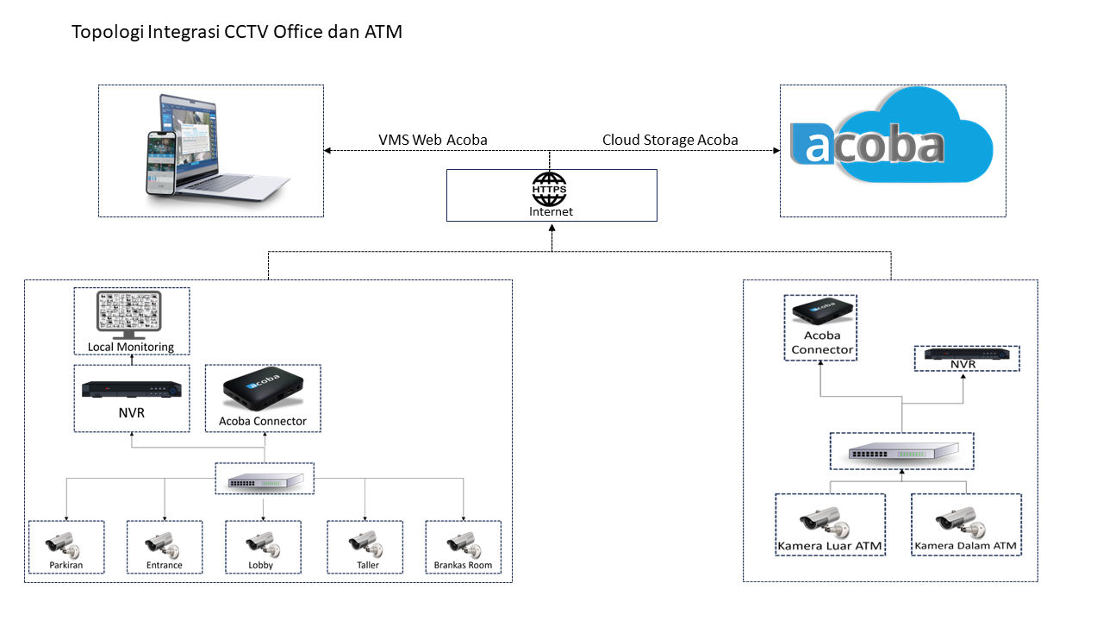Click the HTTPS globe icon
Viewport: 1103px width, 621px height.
(551, 188)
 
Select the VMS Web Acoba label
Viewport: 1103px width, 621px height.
(433, 140)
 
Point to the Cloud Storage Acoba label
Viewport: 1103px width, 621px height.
(670, 140)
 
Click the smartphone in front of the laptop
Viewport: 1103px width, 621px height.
(160, 163)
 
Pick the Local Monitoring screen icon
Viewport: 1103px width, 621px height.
(130, 315)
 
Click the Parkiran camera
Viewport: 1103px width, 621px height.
(63, 545)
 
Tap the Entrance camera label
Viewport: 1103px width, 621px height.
(165, 566)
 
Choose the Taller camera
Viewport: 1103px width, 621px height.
(365, 545)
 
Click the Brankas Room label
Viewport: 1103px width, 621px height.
(463, 566)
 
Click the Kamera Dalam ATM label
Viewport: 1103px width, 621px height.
(965, 546)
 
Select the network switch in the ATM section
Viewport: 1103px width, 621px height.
(902, 453)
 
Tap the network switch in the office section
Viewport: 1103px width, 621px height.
(265, 481)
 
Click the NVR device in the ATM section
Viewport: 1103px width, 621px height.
(965, 354)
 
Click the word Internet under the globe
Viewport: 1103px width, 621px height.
(551, 211)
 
